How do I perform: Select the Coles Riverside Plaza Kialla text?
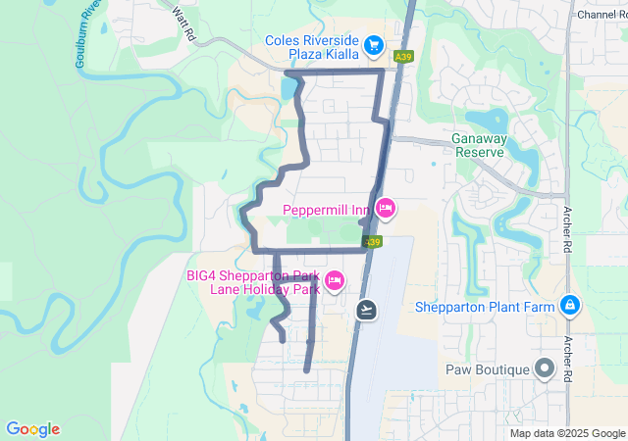tap(312, 46)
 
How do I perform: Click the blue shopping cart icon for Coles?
tap(373, 45)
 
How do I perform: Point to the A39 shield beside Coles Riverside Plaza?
tap(402, 59)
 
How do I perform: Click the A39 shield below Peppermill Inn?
tap(371, 241)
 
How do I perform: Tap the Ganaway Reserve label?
tap(479, 145)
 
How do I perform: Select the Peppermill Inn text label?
tap(325, 210)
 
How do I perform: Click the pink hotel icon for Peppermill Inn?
tap(386, 208)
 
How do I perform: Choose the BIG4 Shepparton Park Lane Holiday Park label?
tap(254, 282)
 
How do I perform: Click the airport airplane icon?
tap(367, 310)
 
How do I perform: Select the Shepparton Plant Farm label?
tap(485, 307)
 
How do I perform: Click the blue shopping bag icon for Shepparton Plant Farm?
tap(569, 306)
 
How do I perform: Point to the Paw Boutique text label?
tap(486, 369)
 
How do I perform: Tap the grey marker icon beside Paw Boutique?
tap(546, 369)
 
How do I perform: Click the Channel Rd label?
tap(602, 15)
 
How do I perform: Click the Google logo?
tap(32, 429)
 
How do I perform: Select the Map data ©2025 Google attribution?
tap(567, 433)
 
